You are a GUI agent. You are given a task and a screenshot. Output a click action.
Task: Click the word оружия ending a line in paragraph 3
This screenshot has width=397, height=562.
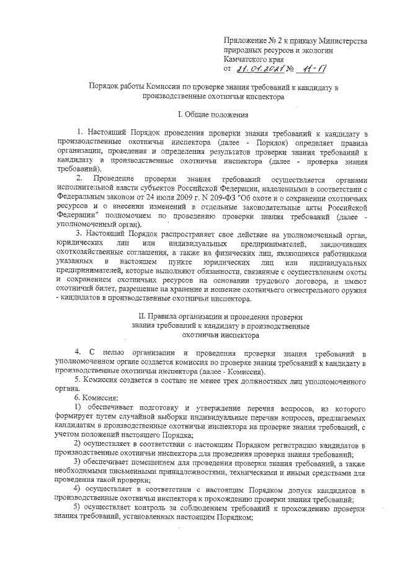[x=352, y=289]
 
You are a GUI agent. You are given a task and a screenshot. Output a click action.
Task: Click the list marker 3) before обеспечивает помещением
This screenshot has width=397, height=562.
[x=79, y=463]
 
